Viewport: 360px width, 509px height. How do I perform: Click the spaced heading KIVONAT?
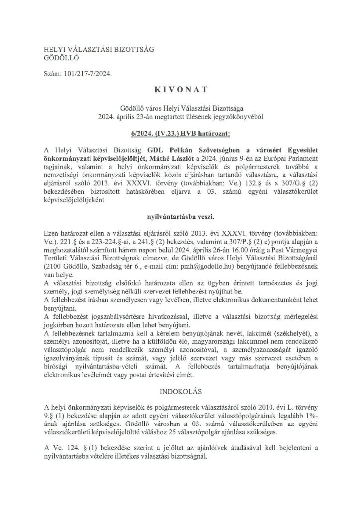180,92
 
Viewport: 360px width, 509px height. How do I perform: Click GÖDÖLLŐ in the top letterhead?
56,57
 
